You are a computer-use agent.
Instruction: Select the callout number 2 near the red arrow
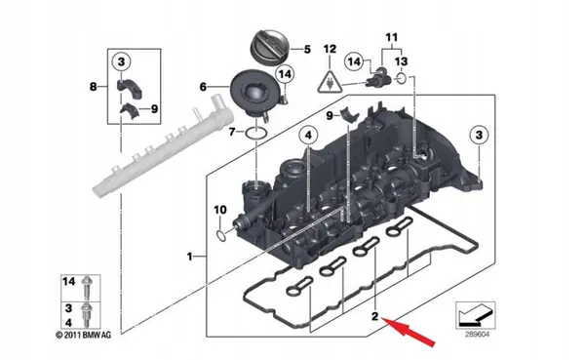click(373, 316)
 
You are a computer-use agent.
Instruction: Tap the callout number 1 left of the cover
click(189, 256)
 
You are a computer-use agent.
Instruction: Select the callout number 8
click(94, 87)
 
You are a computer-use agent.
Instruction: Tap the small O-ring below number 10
click(223, 232)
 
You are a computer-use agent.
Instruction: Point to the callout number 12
click(330, 49)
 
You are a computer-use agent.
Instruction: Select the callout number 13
click(402, 60)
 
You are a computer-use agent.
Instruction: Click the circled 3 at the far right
click(478, 133)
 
